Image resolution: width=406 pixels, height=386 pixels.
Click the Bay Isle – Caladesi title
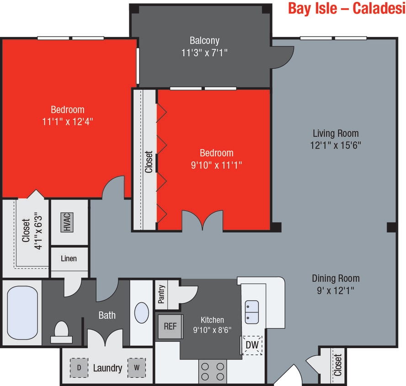(x=346, y=9)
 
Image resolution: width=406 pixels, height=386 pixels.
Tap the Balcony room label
(x=204, y=40)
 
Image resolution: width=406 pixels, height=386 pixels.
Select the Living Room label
(x=336, y=134)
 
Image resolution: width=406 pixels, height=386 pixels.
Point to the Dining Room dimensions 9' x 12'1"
(x=336, y=290)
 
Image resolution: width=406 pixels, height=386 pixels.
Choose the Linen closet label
(x=69, y=258)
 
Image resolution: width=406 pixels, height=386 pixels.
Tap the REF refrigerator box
(x=170, y=327)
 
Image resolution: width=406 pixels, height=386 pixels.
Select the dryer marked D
(x=79, y=367)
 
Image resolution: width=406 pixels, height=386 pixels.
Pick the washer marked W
(x=136, y=367)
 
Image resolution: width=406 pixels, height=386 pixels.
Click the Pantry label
(x=161, y=295)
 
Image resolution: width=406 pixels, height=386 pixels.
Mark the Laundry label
(x=107, y=368)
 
